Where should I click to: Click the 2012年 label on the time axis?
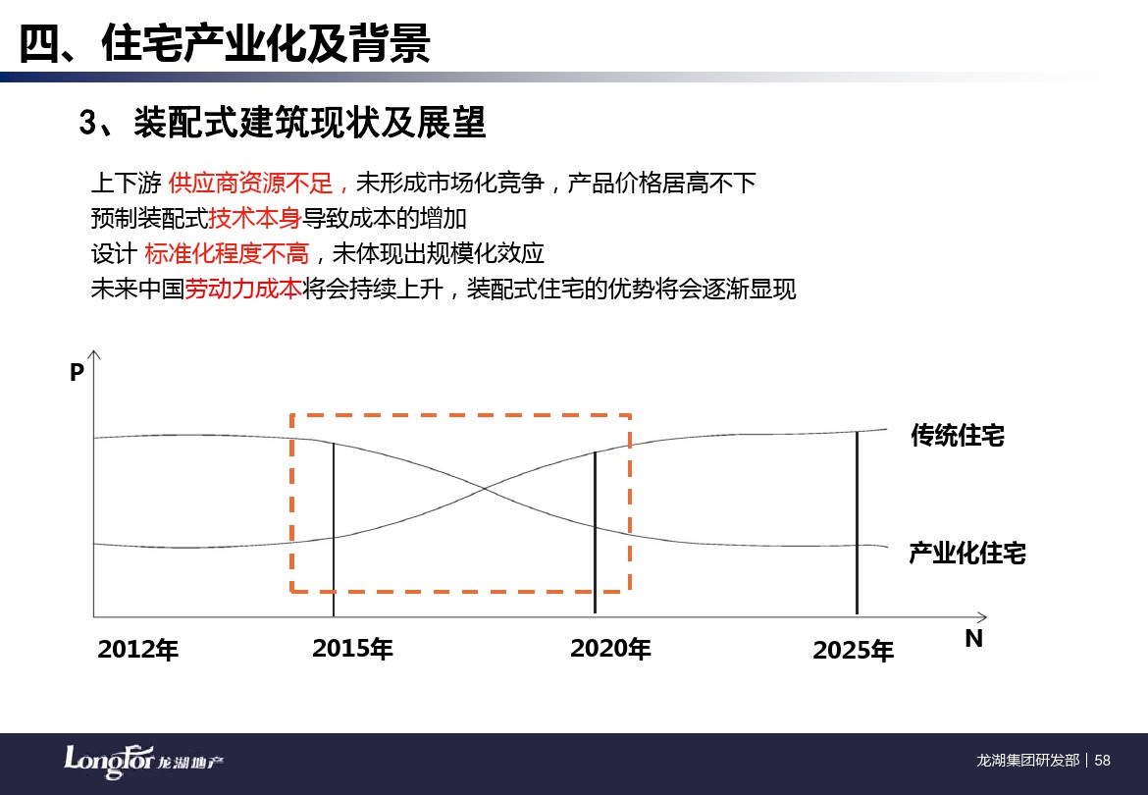(137, 650)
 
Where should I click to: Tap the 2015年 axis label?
(352, 648)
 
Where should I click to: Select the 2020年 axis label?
(610, 648)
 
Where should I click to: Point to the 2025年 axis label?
(853, 650)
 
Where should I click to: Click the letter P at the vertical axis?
(77, 373)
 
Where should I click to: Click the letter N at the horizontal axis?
(973, 638)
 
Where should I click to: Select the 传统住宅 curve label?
(958, 436)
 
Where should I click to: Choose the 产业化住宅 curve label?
(967, 553)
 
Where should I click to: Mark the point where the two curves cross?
(484, 488)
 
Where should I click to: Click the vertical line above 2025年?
(857, 523)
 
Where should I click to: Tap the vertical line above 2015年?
(334, 529)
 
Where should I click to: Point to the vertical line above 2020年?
(595, 532)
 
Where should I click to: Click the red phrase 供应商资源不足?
(250, 183)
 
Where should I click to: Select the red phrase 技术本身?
(255, 218)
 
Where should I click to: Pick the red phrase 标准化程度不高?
(227, 253)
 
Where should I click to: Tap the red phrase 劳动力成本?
(243, 289)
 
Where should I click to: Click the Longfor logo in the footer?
(143, 762)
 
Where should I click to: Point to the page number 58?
(1103, 761)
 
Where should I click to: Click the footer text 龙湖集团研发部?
(1028, 761)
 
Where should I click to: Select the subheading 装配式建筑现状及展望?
(309, 123)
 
